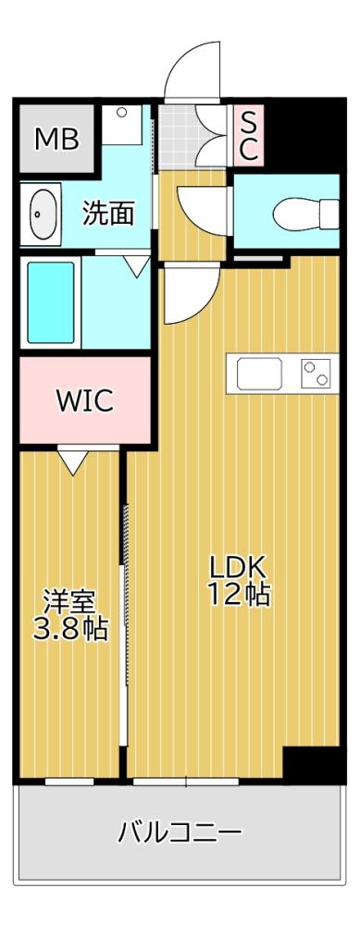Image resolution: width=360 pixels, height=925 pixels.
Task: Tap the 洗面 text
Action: (x=108, y=214)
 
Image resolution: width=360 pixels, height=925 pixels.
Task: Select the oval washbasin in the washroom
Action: (x=41, y=216)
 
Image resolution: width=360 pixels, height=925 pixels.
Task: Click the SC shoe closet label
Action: (x=248, y=134)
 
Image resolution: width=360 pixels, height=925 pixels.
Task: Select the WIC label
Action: (x=84, y=401)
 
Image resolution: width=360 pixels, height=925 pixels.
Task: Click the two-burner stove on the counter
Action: (x=315, y=375)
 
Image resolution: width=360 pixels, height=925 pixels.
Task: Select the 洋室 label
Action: (x=70, y=601)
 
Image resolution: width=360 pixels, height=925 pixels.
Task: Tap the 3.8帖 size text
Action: (x=70, y=631)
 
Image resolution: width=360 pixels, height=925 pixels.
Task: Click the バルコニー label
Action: (x=180, y=832)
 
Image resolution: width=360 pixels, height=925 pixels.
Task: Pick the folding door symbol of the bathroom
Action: (x=137, y=266)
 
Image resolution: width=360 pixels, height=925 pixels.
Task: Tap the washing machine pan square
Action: (x=121, y=124)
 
